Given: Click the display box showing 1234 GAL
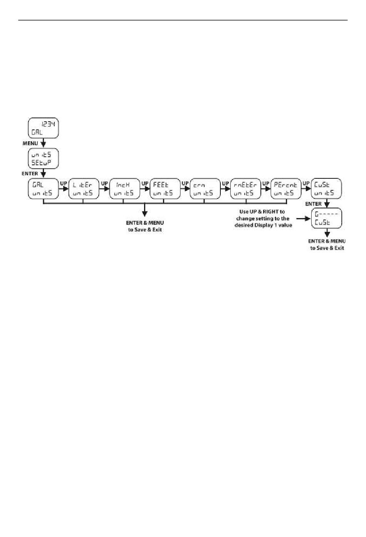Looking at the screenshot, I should [x=43, y=128].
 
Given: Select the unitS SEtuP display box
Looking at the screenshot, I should [x=43, y=158].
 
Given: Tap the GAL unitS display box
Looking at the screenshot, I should [x=43, y=189].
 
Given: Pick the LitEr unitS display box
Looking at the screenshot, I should [x=84, y=189].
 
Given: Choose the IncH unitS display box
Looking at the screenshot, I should [x=124, y=189].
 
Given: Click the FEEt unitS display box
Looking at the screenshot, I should [x=165, y=189].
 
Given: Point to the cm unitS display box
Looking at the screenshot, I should [x=205, y=189].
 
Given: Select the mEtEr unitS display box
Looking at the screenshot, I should [x=245, y=189].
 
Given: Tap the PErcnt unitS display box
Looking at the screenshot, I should [x=285, y=189].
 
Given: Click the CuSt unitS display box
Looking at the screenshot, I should [x=326, y=189].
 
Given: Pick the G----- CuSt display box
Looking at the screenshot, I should [x=327, y=218].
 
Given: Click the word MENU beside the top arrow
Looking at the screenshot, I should [x=30, y=143].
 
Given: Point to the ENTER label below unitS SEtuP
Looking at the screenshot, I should [x=30, y=174].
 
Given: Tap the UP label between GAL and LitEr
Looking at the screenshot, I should [x=64, y=183].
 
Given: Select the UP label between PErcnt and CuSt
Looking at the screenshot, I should [x=306, y=183].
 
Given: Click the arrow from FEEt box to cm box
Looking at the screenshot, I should [x=185, y=189].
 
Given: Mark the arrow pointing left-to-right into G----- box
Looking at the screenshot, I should [x=303, y=218].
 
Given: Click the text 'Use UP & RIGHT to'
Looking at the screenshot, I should [x=262, y=211].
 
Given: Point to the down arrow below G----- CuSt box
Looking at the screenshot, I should [x=327, y=233].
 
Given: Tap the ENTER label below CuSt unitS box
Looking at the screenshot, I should [x=313, y=204].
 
